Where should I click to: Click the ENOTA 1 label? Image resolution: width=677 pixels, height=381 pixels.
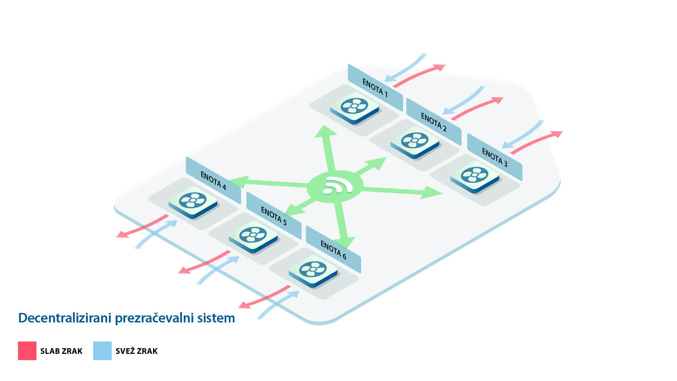375,88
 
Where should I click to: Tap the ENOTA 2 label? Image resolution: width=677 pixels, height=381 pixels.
434,122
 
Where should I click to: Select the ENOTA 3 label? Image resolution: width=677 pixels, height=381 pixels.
494,157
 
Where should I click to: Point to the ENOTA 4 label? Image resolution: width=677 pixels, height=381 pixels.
213,180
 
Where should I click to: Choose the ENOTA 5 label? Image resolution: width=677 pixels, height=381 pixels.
274,216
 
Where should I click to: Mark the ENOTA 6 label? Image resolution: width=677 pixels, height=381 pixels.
333,250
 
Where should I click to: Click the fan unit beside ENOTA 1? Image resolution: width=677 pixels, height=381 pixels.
354,107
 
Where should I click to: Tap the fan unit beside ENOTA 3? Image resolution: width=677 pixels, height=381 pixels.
475,176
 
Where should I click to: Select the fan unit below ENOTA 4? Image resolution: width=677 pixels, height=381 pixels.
193,201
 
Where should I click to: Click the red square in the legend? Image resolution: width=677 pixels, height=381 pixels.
27,351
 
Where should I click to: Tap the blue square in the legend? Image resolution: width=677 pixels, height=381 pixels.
102,351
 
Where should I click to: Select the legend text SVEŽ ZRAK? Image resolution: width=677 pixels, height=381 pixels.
136,351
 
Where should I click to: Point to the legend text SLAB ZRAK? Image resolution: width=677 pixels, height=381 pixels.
61,351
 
